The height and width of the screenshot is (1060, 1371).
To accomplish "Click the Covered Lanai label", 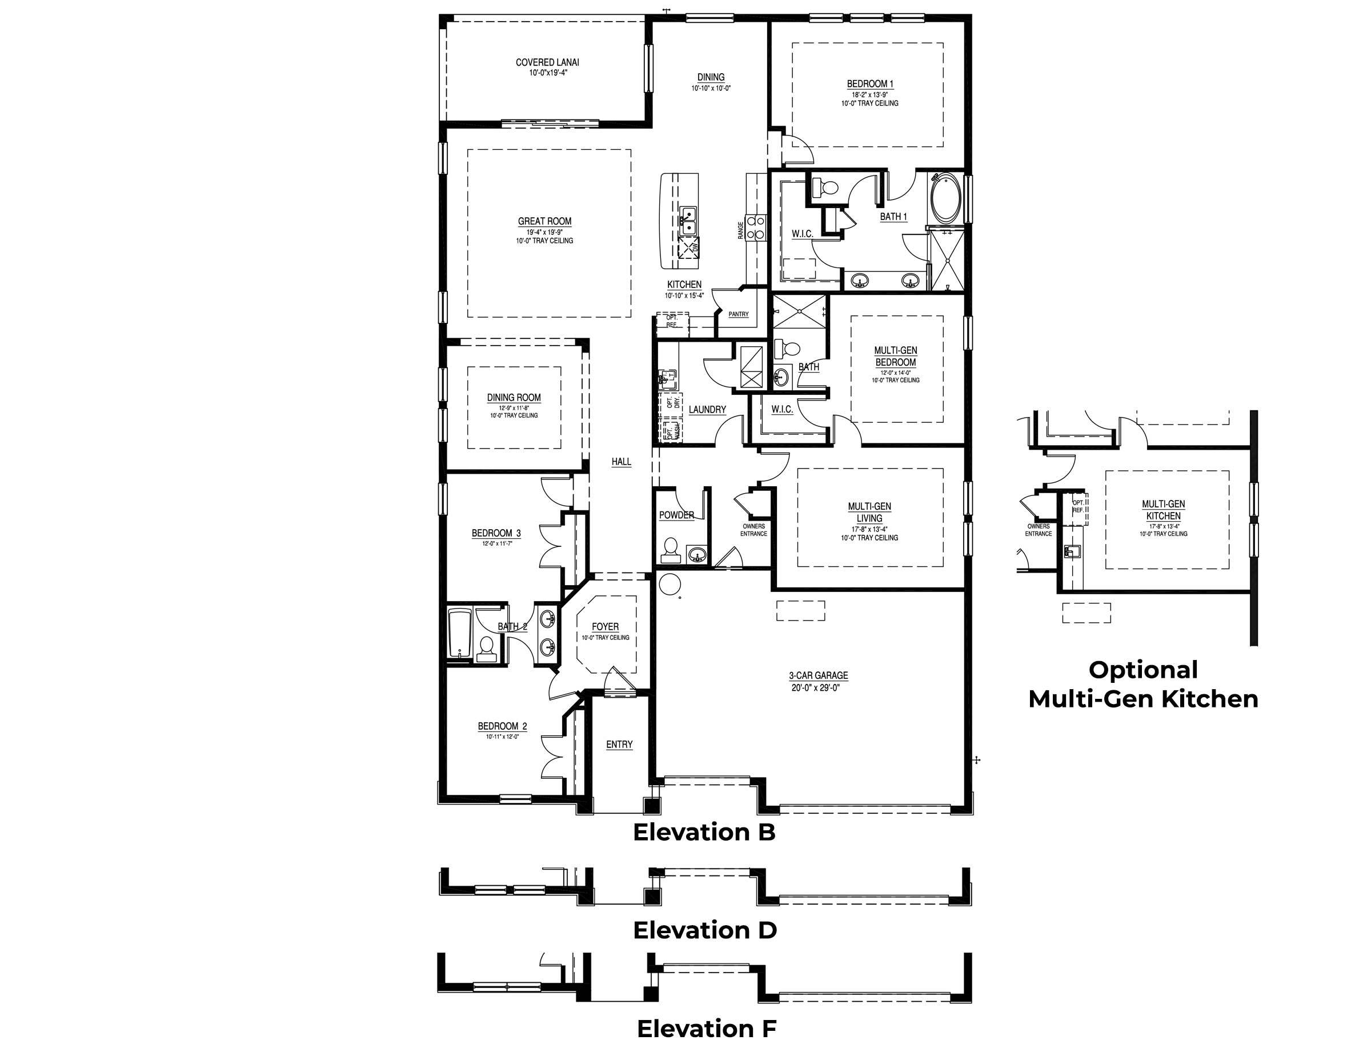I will click(x=547, y=62).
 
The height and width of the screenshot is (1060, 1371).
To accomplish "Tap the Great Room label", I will click(x=544, y=221).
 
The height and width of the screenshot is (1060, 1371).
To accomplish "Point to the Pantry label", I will click(x=738, y=314).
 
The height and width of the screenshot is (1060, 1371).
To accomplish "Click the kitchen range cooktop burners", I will click(x=756, y=227).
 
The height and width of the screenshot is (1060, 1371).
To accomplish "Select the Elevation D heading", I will click(x=704, y=930).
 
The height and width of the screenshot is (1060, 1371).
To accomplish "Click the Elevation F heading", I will click(x=706, y=1029).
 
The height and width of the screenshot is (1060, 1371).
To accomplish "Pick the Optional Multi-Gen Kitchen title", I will click(x=1142, y=685).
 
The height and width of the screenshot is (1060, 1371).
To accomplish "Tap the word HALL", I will click(x=621, y=462).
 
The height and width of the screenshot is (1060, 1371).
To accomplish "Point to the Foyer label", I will click(x=605, y=627).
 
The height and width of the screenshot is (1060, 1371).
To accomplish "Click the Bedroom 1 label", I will click(x=869, y=83).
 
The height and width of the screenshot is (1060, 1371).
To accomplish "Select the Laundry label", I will click(x=707, y=410).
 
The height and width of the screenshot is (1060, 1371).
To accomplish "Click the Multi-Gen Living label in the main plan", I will click(x=869, y=512).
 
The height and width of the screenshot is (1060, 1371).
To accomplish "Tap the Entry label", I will click(x=619, y=744).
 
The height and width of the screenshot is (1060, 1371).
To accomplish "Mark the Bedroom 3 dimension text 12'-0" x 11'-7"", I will click(x=496, y=544).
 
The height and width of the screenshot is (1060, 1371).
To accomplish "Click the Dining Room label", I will click(x=514, y=398).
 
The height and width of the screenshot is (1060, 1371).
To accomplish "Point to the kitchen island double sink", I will click(x=688, y=220).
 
